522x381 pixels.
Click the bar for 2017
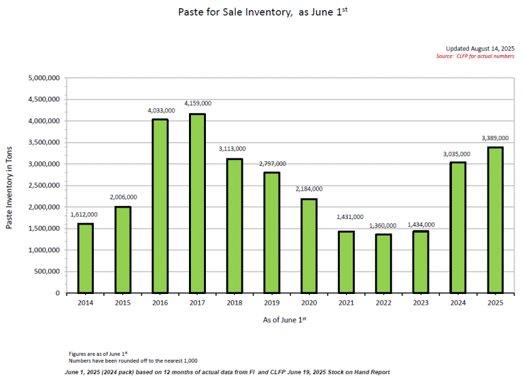click(x=197, y=203)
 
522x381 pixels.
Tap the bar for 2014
click(x=85, y=258)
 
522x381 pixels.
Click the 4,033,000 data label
click(x=160, y=110)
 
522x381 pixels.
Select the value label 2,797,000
click(x=272, y=164)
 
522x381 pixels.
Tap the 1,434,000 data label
click(x=421, y=224)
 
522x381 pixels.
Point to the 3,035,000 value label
click(x=459, y=154)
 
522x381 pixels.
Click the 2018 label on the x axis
click(x=234, y=302)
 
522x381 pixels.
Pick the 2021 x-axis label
click(x=347, y=302)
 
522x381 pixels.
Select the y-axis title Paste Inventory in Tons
click(x=10, y=186)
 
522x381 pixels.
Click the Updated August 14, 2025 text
click(x=480, y=48)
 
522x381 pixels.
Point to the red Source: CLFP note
click(x=475, y=56)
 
